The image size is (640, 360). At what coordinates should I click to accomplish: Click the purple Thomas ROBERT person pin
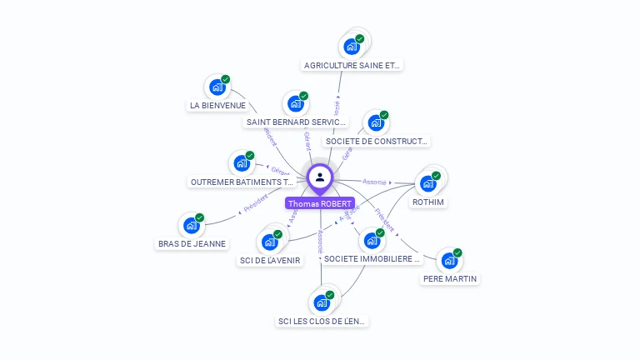pyautogui.click(x=320, y=177)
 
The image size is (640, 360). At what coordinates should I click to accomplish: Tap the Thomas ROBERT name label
pyautogui.click(x=320, y=203)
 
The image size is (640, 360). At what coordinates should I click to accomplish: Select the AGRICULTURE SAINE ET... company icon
pyautogui.click(x=352, y=47)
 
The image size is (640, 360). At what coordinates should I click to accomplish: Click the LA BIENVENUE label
pyautogui.click(x=217, y=106)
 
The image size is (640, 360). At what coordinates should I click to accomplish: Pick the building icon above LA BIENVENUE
pyautogui.click(x=217, y=87)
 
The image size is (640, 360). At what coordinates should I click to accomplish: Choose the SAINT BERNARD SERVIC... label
pyautogui.click(x=296, y=122)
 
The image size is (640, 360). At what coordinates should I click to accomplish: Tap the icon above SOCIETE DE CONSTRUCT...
pyautogui.click(x=376, y=122)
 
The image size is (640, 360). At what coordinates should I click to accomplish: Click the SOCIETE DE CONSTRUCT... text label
pyautogui.click(x=377, y=142)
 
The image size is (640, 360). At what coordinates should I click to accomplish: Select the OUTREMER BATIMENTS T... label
pyautogui.click(x=242, y=182)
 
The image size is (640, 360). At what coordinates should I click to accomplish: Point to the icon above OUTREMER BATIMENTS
pyautogui.click(x=242, y=162)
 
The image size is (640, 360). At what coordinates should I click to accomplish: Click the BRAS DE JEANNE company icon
pyautogui.click(x=192, y=225)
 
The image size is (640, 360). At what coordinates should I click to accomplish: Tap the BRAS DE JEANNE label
pyautogui.click(x=192, y=244)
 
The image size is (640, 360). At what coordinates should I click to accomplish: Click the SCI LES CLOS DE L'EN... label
pyautogui.click(x=322, y=321)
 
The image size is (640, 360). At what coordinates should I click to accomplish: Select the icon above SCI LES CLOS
pyautogui.click(x=321, y=302)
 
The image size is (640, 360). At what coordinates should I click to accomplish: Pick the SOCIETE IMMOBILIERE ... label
pyautogui.click(x=372, y=259)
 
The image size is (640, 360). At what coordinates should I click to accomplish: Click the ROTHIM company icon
pyautogui.click(x=428, y=183)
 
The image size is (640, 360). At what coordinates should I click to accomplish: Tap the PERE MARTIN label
pyautogui.click(x=450, y=279)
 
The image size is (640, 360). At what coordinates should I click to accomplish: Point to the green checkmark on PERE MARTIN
pyautogui.click(x=457, y=252)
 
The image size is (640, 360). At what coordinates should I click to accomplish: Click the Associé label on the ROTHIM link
pyautogui.click(x=375, y=182)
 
